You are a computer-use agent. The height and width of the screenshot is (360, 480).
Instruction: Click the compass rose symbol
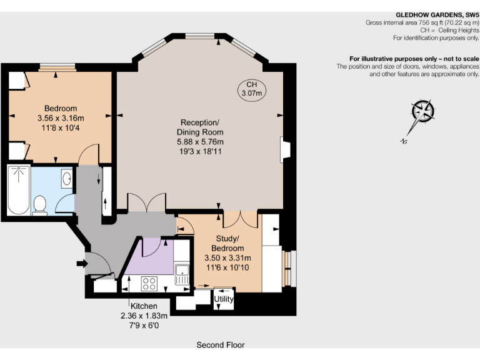coord(422,112)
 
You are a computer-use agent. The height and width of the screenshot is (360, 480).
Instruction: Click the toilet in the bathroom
coord(41,204)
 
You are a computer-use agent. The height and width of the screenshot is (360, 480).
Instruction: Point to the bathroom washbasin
coord(67,180)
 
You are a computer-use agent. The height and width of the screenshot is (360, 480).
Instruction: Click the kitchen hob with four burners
coord(149,283)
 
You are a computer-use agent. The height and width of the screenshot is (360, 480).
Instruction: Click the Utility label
coord(224,299)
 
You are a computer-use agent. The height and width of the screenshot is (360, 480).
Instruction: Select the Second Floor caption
coord(221,344)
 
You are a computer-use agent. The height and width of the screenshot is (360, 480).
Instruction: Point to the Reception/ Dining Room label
coord(201,127)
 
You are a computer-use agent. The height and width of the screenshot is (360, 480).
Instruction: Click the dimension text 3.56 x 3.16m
coord(61,118)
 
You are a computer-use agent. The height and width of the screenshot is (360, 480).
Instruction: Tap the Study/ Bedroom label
coord(227,243)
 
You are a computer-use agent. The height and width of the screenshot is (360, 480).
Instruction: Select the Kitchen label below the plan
coord(144,306)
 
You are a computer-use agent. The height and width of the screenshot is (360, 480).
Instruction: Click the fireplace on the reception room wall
coord(286,149)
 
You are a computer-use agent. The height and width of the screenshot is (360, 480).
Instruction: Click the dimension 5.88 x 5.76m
coord(201,142)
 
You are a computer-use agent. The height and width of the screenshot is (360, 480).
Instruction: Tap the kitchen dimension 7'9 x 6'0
coord(144,325)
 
